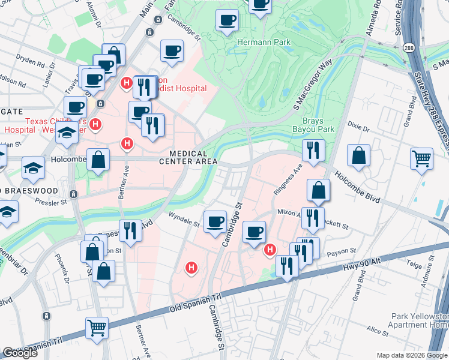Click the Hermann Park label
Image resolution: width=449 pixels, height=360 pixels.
[x=264, y=43]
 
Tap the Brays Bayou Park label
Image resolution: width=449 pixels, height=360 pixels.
[x=312, y=123]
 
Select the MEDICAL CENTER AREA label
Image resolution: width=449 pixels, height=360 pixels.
[x=188, y=156]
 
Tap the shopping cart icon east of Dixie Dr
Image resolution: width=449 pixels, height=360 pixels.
[x=422, y=158]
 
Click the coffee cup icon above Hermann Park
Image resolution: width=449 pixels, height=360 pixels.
[x=227, y=21]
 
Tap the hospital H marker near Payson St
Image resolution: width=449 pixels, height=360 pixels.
[x=270, y=249]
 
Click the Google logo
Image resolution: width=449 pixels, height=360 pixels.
[x=20, y=353]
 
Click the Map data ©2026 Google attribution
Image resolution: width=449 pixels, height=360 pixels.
[x=411, y=355]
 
